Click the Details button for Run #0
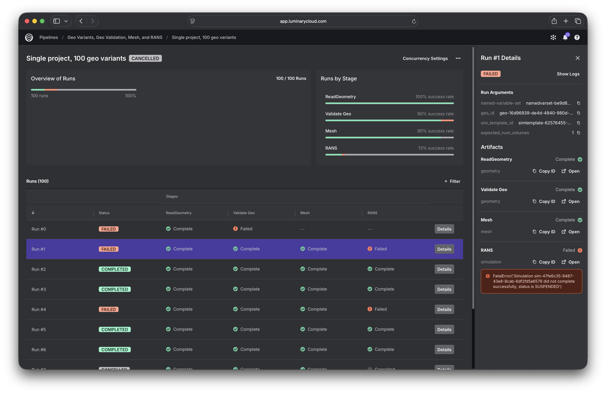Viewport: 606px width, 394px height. point(444,229)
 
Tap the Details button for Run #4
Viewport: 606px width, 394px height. point(444,310)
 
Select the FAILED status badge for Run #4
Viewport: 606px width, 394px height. point(109,310)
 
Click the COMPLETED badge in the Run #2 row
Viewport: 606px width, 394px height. point(115,269)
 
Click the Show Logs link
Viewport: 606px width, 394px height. point(568,74)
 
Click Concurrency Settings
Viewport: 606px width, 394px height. point(425,58)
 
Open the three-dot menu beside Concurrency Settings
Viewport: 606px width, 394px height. point(458,58)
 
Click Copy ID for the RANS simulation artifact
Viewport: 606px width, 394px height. point(544,262)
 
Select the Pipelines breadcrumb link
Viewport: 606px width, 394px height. point(49,37)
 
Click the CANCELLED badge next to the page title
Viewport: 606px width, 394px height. point(145,58)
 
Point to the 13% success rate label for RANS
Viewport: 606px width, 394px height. point(436,148)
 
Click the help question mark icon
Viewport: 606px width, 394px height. point(577,37)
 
